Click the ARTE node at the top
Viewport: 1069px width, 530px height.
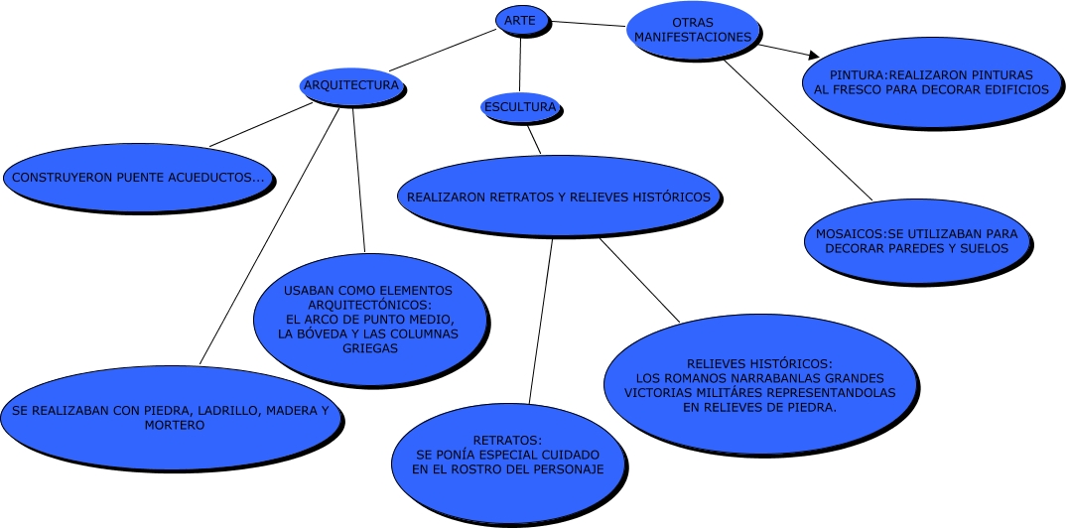tap(520, 20)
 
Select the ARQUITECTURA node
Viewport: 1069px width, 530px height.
tap(351, 85)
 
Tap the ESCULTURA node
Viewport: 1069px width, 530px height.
tap(519, 106)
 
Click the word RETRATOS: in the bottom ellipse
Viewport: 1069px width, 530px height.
tap(507, 440)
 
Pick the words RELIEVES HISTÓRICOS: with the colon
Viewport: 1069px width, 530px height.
tap(759, 363)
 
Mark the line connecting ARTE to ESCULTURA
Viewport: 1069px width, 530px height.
tap(519, 65)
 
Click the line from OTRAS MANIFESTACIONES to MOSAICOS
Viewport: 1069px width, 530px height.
tap(799, 129)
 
